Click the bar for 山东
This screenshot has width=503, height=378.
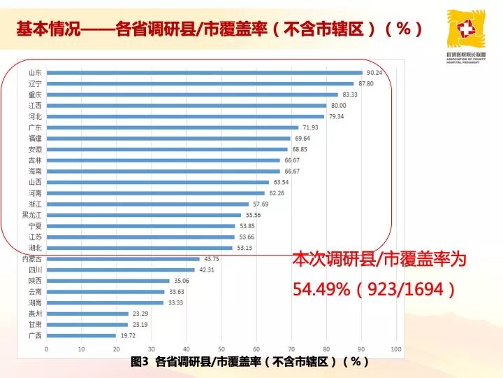tap(204, 73)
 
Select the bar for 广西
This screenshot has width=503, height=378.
tap(81, 335)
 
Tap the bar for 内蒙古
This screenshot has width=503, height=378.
tap(123, 259)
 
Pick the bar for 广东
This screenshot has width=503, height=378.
tap(172, 127)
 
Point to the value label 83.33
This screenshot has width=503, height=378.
tap(350, 94)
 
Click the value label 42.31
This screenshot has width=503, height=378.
tap(206, 269)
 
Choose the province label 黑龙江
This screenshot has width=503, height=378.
tap(32, 215)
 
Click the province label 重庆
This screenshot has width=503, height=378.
tap(35, 94)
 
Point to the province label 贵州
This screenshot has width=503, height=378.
tap(35, 314)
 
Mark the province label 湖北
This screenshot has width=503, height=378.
tap(35, 248)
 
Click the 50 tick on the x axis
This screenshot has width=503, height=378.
tap(221, 348)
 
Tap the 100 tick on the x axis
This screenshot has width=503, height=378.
tap(395, 348)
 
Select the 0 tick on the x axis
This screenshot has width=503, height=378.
tap(46, 348)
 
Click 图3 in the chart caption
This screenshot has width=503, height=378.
tap(140, 362)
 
